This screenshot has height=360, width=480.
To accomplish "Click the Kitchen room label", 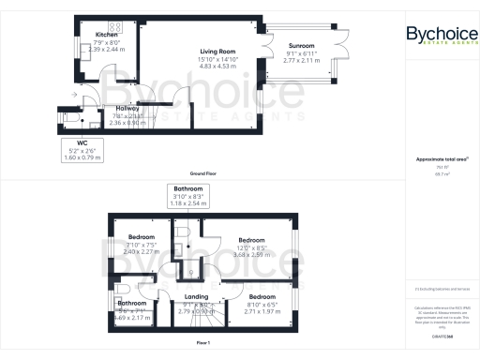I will [x=106, y=35].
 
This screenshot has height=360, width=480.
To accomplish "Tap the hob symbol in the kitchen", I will [x=121, y=27].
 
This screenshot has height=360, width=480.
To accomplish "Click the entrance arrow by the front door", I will [x=74, y=95].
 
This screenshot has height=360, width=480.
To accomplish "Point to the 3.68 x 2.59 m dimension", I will [x=252, y=254].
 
